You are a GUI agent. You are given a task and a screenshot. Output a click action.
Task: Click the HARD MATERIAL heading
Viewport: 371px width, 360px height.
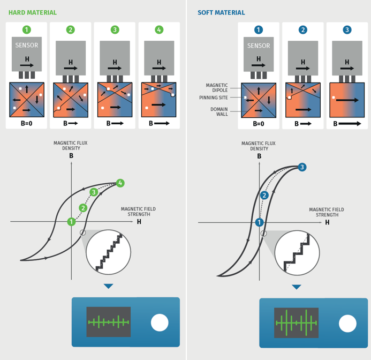coord(33,13)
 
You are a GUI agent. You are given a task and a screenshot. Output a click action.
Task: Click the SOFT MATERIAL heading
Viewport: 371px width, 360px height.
coord(221,13)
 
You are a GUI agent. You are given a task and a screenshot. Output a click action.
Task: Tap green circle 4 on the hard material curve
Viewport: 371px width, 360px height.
coord(120,183)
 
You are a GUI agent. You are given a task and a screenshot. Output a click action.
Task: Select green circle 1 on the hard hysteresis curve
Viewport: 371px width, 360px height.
coord(71,221)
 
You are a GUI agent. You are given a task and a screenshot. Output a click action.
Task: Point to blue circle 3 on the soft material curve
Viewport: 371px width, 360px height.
coord(302,168)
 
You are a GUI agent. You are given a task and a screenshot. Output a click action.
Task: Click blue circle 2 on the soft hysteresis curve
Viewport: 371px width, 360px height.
coord(264,196)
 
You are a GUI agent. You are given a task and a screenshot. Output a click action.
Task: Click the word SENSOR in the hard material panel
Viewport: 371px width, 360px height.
coord(26,46)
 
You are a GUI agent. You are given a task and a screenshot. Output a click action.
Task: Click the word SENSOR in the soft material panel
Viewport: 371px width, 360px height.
coord(259,46)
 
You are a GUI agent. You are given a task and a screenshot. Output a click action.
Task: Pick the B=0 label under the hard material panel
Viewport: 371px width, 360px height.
coord(26,123)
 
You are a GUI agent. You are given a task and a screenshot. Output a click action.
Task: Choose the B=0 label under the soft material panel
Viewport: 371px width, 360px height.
coord(259,123)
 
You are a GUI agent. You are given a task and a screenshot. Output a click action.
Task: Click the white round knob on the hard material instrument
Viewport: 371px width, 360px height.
coord(160,322)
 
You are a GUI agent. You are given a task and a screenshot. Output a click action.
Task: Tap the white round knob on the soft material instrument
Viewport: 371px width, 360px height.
coord(347,323)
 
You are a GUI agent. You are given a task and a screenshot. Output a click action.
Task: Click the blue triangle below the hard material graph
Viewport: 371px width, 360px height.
coord(109,287)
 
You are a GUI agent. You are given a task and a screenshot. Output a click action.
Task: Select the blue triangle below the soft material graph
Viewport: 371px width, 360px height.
coord(297,287)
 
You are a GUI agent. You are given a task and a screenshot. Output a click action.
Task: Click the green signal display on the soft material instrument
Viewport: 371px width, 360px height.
coord(296,323)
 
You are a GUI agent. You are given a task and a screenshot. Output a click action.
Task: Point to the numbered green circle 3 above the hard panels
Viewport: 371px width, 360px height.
coord(115,30)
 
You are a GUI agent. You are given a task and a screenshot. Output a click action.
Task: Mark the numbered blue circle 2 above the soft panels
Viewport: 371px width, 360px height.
coord(303,30)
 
